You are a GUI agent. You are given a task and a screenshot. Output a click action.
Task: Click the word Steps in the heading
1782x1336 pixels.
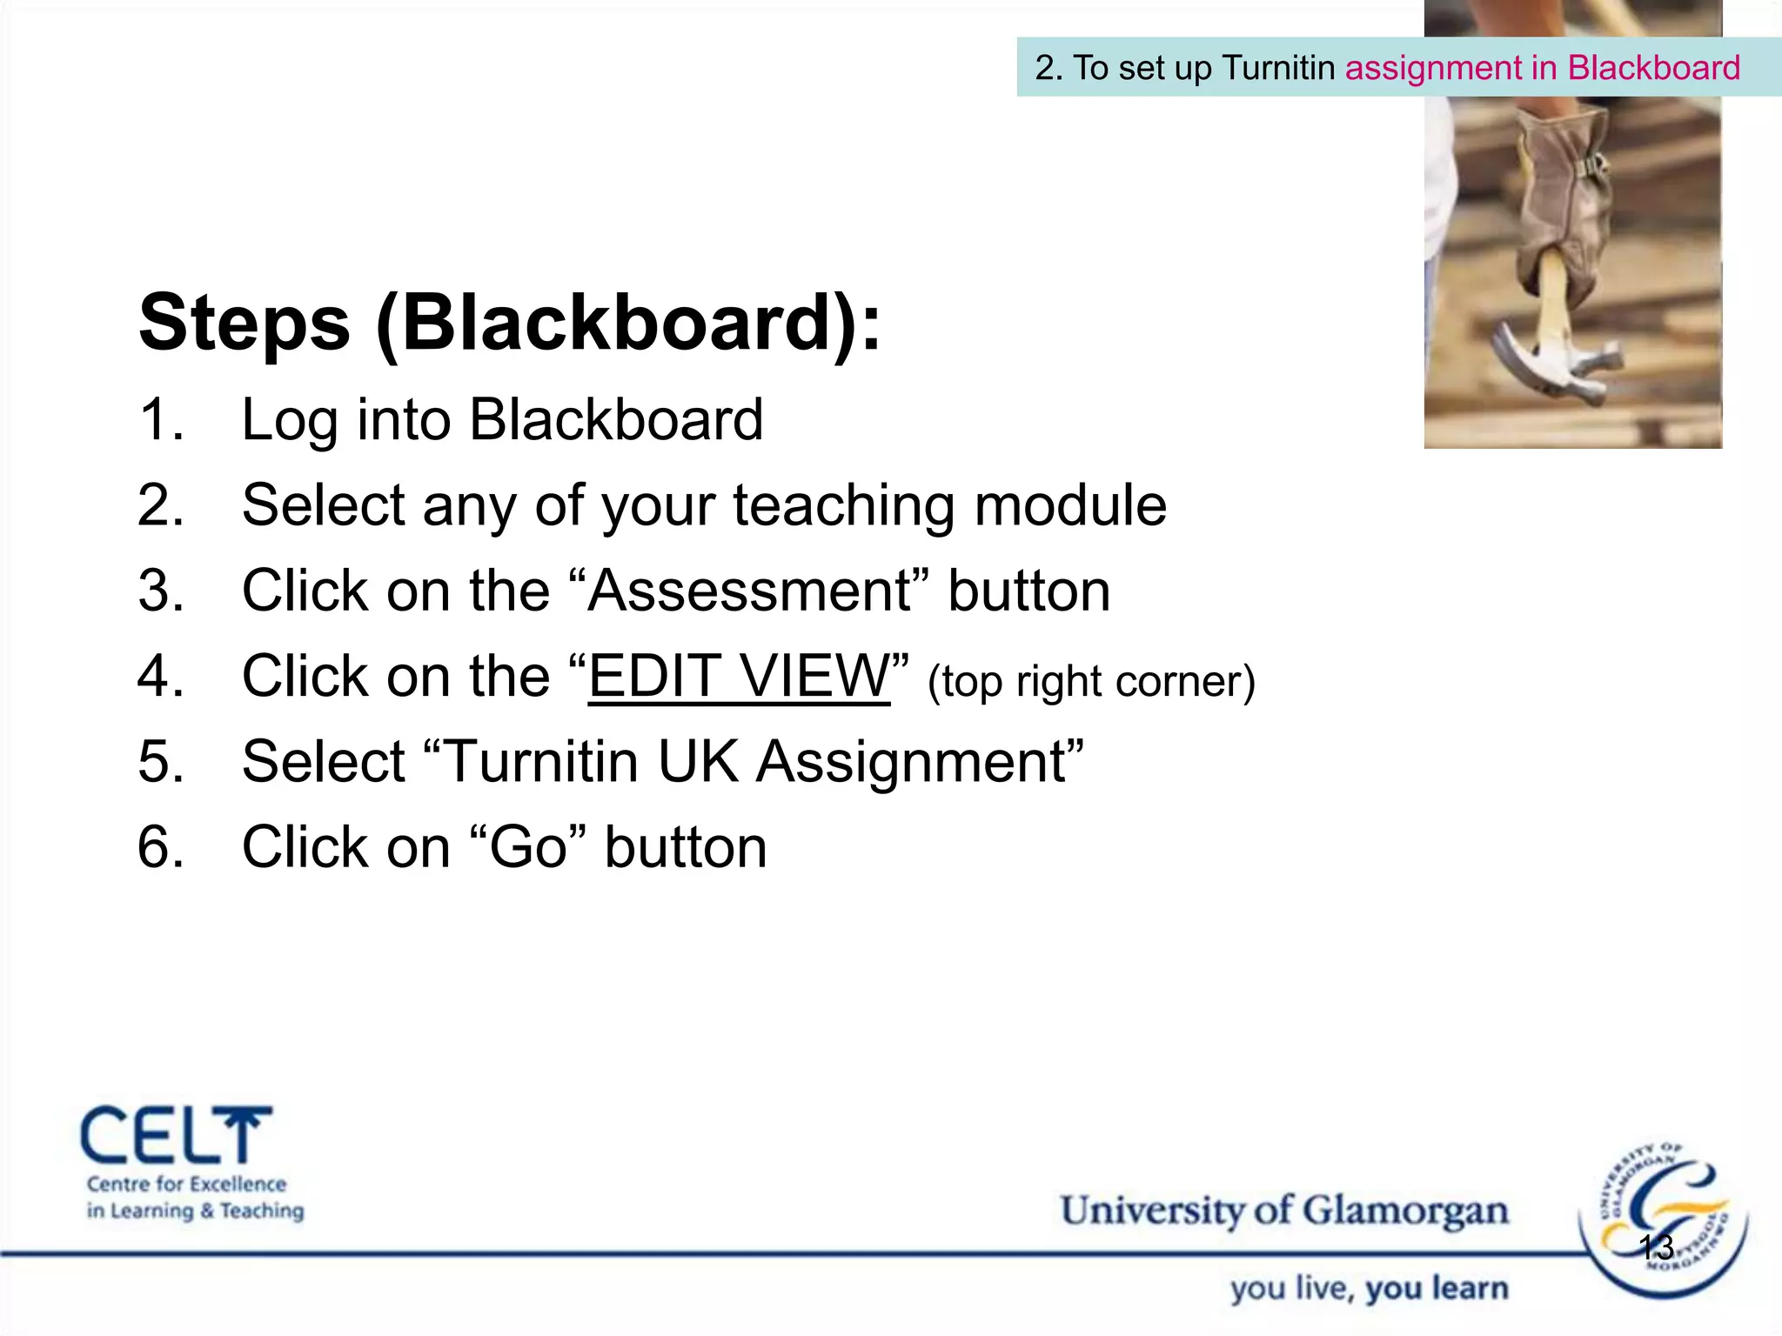[245, 324]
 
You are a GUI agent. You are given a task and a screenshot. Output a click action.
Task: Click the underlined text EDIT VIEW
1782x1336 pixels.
[739, 676]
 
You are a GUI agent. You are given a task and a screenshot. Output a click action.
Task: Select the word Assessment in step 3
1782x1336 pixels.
[749, 591]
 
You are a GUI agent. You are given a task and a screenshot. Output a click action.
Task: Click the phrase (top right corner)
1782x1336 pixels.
[1091, 681]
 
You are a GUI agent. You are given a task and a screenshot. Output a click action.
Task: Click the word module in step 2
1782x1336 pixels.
[1069, 505]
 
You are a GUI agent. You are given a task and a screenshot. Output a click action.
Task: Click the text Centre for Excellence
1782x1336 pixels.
[186, 1184]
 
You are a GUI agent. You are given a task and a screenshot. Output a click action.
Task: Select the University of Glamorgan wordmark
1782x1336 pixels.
[1283, 1211]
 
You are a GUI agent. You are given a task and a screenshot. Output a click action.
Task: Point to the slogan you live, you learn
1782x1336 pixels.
[1369, 1288]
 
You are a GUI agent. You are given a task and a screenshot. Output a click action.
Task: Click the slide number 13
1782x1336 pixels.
[1656, 1247]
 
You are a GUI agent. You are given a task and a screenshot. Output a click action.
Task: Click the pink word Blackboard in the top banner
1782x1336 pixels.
[1653, 68]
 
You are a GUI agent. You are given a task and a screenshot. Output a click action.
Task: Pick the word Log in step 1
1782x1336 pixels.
[289, 421]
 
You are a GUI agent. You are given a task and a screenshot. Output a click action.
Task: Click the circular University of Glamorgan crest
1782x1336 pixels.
[1662, 1218]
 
